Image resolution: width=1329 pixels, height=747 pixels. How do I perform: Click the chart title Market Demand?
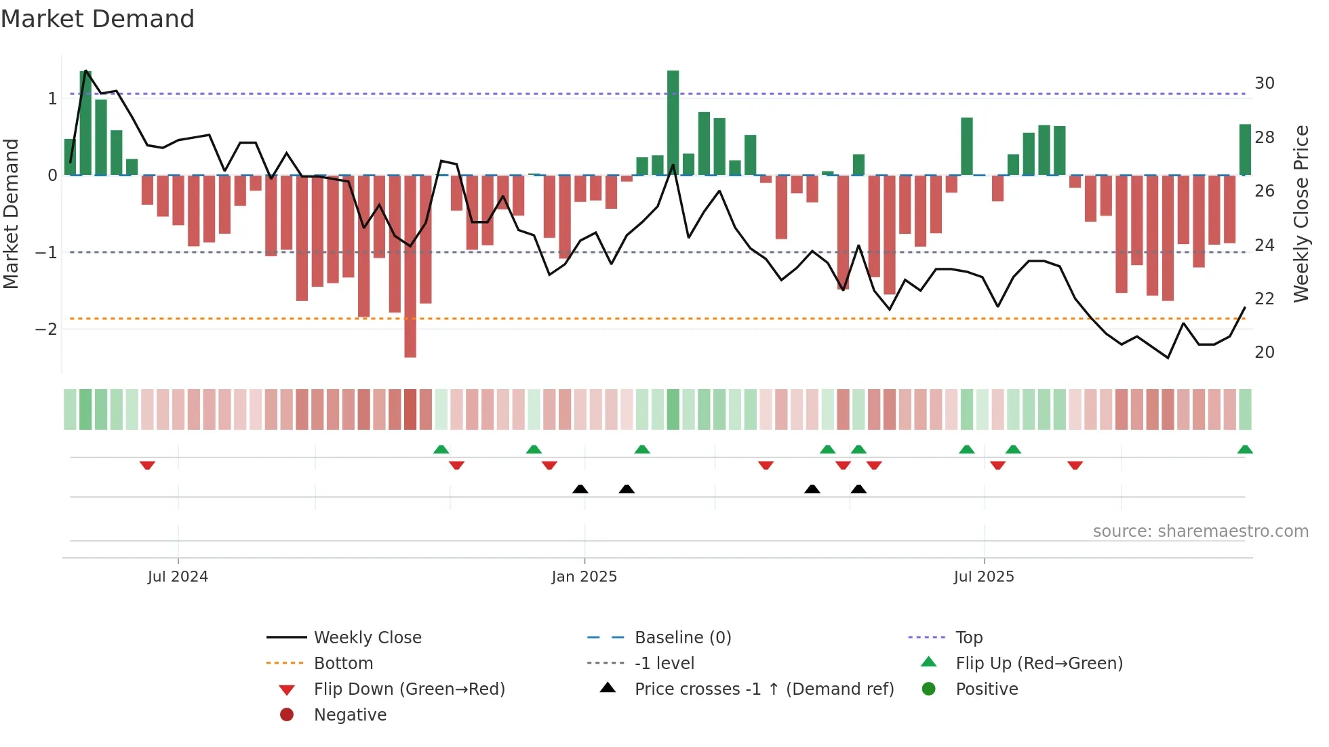pos(98,19)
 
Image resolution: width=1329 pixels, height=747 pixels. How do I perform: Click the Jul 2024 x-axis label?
pos(178,577)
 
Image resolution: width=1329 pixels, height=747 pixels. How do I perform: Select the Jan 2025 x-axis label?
pos(584,577)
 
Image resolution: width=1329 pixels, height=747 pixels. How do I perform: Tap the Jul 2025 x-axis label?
pos(983,577)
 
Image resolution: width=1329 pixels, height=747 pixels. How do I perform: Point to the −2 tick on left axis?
pos(47,329)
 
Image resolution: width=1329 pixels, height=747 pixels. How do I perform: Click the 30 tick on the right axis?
pos(1264,83)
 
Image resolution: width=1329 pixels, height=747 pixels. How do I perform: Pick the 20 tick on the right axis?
pos(1264,352)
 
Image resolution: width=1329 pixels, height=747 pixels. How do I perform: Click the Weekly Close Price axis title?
pos(1301,214)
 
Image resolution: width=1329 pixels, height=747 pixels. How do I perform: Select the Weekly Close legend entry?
pos(367,638)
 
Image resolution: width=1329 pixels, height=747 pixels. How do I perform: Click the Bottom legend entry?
pos(343,664)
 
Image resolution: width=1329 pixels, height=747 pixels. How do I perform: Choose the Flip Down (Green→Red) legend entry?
pos(409,689)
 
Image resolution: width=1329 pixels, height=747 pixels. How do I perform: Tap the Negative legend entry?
pos(350,715)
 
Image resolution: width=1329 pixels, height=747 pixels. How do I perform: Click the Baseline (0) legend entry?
pos(682,638)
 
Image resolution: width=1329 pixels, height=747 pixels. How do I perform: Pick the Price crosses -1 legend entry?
pos(763,689)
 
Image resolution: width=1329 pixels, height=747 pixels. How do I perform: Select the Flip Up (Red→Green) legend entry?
pos(1039,664)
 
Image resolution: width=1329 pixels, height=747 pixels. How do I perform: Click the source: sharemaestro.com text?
pos(1200,531)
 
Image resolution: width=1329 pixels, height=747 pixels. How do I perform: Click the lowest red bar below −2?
pos(410,339)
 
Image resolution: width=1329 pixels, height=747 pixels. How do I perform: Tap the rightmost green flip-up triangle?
pos(1245,449)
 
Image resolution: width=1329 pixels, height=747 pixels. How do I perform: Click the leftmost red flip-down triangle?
pos(147,465)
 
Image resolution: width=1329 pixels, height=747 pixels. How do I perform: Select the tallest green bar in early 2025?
pos(673,122)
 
